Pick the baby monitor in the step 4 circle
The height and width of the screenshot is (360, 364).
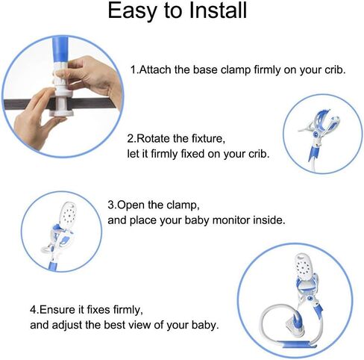pos(307,270)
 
